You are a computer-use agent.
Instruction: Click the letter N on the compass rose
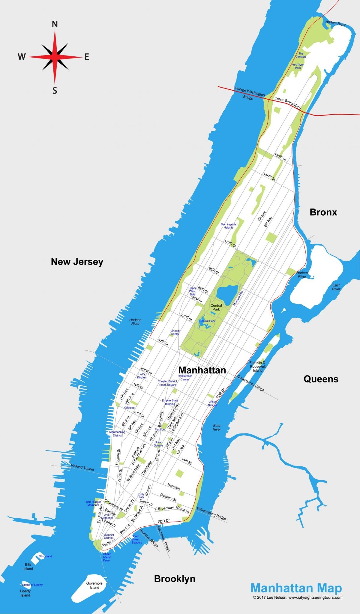(55, 25)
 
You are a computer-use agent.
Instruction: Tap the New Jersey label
(77, 262)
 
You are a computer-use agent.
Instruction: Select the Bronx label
(323, 212)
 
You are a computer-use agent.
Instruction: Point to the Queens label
(321, 379)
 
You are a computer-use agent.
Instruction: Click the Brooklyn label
(175, 579)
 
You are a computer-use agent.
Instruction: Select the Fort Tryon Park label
(298, 66)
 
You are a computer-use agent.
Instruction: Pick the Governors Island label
(94, 586)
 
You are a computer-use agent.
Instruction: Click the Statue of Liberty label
(32, 585)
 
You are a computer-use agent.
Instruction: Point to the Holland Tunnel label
(82, 467)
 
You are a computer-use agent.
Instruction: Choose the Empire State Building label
(170, 402)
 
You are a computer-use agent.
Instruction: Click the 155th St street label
(280, 157)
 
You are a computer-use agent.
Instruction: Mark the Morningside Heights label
(228, 226)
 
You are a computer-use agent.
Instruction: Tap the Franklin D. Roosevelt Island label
(258, 367)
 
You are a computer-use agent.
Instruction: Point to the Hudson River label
(135, 322)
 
